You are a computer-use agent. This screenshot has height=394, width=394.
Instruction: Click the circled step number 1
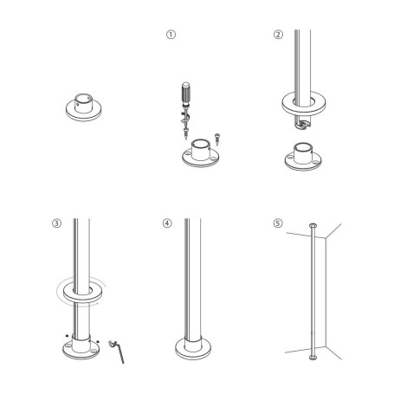click(171, 36)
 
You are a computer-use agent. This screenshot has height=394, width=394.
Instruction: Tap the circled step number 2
click(278, 36)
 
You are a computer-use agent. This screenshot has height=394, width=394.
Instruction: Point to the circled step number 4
click(166, 223)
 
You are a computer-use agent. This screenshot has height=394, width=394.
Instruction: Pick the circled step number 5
click(277, 223)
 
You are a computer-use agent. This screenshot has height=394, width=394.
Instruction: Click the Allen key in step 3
click(120, 350)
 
